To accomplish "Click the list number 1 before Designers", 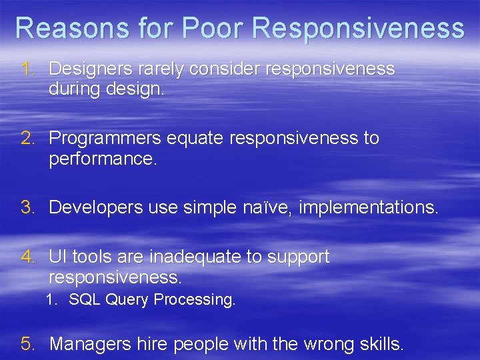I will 27,69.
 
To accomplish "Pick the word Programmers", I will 105,138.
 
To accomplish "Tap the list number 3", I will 27,208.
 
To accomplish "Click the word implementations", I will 368,208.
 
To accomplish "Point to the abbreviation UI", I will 57,257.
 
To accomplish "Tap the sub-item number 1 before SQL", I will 51,300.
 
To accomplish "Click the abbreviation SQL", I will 83,300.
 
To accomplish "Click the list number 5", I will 27,344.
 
